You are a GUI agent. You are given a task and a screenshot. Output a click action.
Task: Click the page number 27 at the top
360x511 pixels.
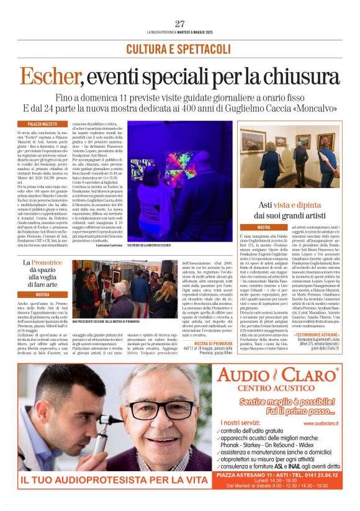tap(180, 24)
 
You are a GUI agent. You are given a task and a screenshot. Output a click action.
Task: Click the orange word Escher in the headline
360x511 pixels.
tap(49, 76)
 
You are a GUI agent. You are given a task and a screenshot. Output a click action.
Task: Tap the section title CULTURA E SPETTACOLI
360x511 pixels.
tap(179, 48)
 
